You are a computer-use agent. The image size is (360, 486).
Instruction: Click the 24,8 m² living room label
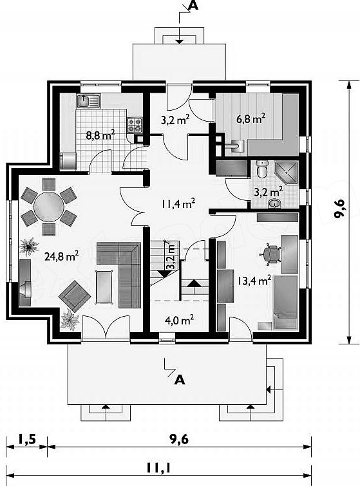(61, 256)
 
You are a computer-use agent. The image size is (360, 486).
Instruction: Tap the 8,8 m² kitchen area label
(100, 135)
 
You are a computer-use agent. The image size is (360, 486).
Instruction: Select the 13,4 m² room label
(254, 281)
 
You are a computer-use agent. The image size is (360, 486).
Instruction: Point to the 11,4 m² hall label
(178, 203)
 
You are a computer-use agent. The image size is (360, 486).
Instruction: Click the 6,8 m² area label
(251, 118)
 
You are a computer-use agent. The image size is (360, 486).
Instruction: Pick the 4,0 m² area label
(180, 320)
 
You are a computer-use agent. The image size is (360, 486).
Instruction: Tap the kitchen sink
(89, 101)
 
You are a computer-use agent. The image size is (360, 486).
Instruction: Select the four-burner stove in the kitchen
(135, 126)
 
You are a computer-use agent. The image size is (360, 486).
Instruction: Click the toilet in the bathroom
(262, 169)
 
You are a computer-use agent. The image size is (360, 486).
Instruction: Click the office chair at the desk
(270, 254)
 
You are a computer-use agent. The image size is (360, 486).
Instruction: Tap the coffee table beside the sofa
(104, 286)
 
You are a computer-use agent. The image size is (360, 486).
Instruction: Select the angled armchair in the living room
(75, 296)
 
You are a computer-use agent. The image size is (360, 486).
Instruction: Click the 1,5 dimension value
(27, 439)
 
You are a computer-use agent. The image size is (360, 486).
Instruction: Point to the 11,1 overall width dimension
(159, 468)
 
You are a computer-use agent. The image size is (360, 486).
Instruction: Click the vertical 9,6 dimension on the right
(340, 209)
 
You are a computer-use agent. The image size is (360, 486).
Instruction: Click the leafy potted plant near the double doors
(70, 320)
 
